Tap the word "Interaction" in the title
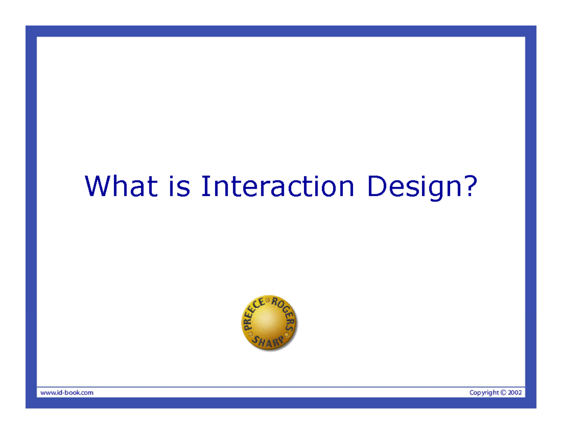tap(277, 186)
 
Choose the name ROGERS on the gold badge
tap(286, 314)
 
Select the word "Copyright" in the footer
tap(484, 393)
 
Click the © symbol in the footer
tap(504, 393)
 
